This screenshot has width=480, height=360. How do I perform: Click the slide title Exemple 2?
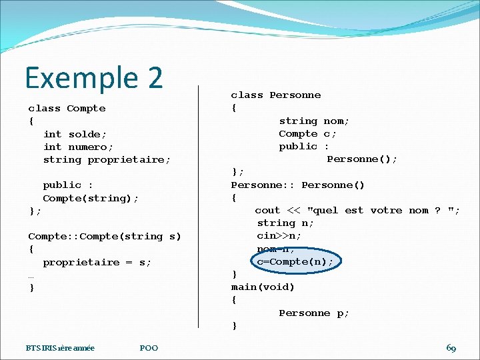(x=94, y=77)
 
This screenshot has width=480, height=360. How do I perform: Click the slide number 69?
(x=451, y=348)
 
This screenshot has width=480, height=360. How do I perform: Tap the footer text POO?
(x=149, y=348)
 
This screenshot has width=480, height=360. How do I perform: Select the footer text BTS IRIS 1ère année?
(x=60, y=348)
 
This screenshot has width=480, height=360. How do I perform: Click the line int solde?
(x=71, y=134)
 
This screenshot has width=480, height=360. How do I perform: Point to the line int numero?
(x=78, y=147)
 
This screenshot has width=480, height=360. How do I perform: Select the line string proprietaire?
(x=107, y=159)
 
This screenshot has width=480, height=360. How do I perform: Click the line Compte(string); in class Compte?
(x=91, y=198)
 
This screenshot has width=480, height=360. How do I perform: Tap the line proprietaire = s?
(x=97, y=262)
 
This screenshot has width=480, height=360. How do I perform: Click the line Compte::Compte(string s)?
(x=104, y=236)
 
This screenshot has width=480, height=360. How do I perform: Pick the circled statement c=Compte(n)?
(x=295, y=261)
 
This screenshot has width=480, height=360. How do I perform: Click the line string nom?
(x=314, y=121)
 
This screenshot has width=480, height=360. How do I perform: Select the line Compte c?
(x=307, y=133)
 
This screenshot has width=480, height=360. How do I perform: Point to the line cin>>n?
(x=279, y=235)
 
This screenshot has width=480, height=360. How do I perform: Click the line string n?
(x=285, y=223)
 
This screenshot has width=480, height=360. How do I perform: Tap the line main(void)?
(x=263, y=287)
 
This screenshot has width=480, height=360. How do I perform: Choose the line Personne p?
(x=314, y=313)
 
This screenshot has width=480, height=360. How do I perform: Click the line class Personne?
(x=276, y=95)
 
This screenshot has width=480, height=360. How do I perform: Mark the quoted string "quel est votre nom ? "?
(x=383, y=210)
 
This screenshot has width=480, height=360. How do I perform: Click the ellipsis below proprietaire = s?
(x=31, y=275)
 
